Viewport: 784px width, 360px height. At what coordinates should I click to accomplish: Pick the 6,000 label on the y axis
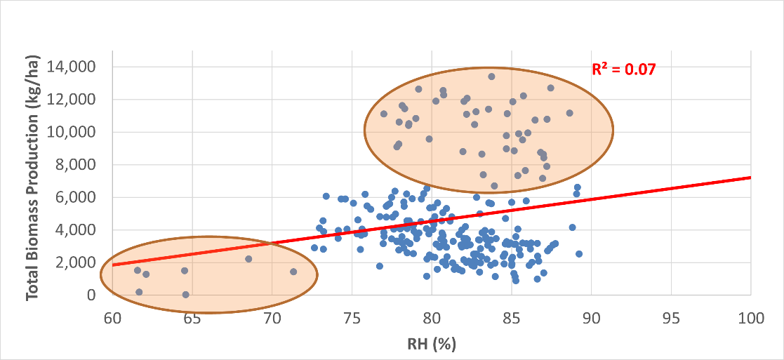click(x=77, y=197)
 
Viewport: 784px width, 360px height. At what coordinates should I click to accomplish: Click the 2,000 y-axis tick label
click(x=77, y=262)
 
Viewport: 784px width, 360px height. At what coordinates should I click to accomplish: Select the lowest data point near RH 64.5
click(x=185, y=295)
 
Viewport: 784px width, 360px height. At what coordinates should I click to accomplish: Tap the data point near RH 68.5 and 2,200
click(x=248, y=259)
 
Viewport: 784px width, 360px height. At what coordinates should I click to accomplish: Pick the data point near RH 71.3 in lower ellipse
click(x=293, y=272)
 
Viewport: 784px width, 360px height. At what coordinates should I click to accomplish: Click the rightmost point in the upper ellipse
click(x=569, y=113)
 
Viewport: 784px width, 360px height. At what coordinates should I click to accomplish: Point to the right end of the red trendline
click(x=750, y=178)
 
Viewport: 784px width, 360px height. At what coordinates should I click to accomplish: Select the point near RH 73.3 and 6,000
click(x=326, y=196)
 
